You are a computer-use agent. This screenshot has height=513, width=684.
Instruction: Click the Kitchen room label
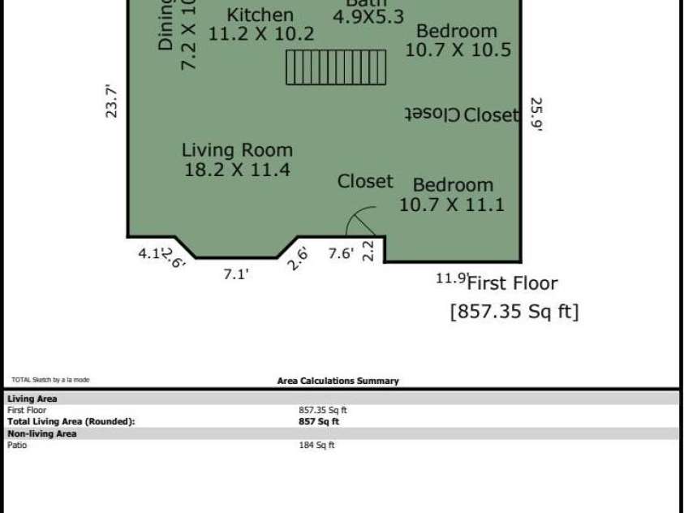[x=260, y=15]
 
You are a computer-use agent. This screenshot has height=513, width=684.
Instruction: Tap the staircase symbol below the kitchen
[x=337, y=67]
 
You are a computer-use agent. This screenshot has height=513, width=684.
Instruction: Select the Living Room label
[x=237, y=150]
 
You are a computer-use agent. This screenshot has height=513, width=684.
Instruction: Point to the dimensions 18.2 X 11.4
[x=237, y=170]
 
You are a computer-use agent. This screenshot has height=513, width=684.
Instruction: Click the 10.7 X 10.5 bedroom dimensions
[x=458, y=50]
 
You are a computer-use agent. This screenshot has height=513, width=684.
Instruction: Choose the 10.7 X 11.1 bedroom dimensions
[x=451, y=205]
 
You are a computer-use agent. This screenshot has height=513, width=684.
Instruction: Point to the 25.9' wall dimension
[x=536, y=114]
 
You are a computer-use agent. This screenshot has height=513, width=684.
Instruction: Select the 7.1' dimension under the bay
[x=235, y=275]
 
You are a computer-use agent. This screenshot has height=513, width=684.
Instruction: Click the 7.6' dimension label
[x=341, y=254]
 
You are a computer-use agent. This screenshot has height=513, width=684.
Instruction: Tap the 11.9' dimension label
[x=451, y=278]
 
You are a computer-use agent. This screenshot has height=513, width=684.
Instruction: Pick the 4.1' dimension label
[x=150, y=253]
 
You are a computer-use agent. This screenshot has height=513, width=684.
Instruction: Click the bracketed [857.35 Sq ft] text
[x=514, y=312]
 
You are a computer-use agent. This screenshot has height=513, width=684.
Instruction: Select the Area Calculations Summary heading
[x=338, y=381]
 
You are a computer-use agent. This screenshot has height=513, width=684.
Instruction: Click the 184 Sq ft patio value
[x=316, y=445]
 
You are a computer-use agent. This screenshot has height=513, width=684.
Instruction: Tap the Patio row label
[x=17, y=445]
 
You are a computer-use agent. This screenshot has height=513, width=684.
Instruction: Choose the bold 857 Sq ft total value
[x=319, y=421]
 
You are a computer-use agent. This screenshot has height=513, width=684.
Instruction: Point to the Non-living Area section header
[x=42, y=433]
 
